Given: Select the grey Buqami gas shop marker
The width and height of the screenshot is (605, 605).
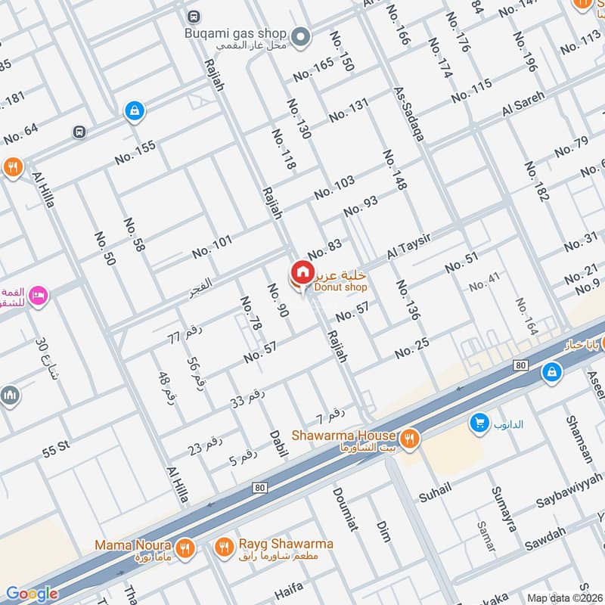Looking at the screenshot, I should [301, 35].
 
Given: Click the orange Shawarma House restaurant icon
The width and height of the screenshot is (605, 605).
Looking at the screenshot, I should [409, 436].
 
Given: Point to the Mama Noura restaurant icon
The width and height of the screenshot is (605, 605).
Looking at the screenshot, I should [185, 547].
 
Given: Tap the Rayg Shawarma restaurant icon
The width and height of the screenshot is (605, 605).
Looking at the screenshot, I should [224, 547].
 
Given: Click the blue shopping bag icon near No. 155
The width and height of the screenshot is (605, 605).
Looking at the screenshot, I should [134, 111].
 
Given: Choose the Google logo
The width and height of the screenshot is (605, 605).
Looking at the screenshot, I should [32, 594].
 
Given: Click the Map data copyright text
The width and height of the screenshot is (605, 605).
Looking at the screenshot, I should [564, 597].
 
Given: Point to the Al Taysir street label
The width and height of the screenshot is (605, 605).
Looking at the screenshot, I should [409, 247].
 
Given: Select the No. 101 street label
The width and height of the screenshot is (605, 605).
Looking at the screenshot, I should [213, 247].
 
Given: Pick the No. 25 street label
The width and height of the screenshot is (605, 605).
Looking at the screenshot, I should [411, 347].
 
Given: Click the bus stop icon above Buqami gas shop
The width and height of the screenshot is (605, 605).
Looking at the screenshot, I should [194, 16].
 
